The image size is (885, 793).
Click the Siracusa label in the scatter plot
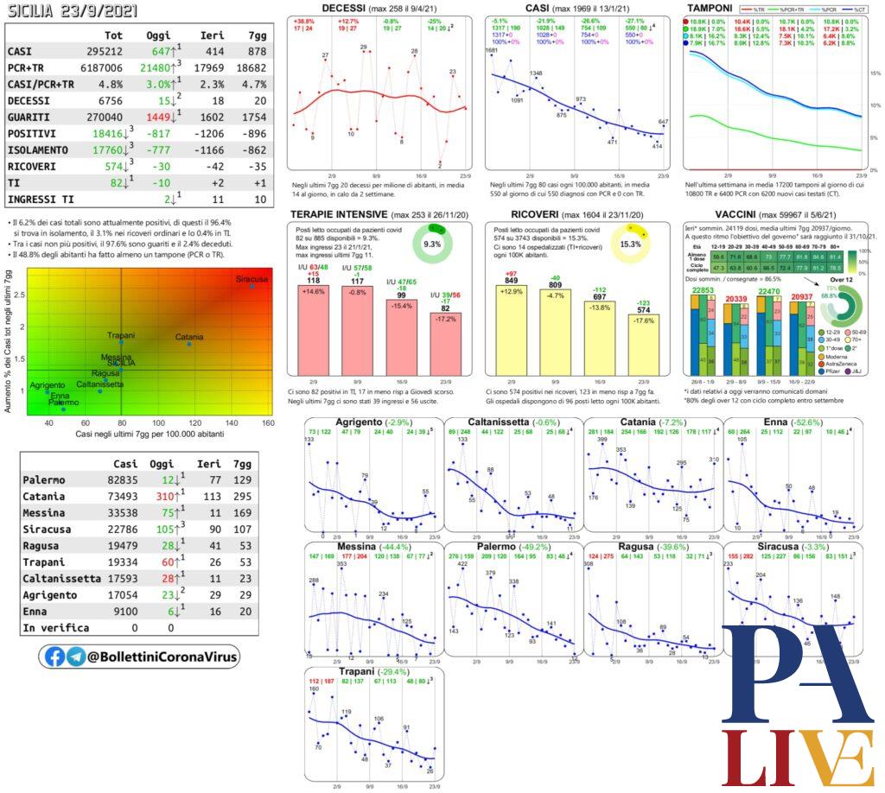coord(251,280)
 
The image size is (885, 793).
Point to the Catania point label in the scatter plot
coord(189,336)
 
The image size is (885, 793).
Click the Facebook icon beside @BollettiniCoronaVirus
coord(54,657)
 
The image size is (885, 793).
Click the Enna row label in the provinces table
coord(38,611)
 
